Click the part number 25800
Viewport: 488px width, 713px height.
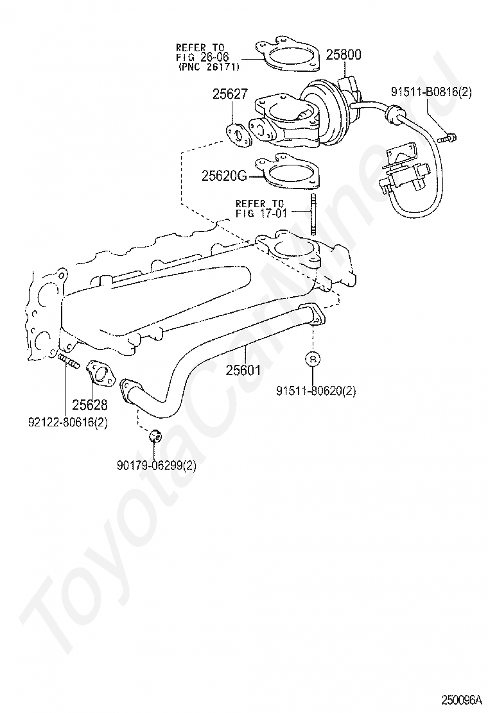click(344, 55)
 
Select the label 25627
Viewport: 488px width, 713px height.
click(230, 94)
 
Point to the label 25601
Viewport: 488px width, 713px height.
click(243, 370)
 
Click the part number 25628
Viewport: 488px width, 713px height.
click(90, 404)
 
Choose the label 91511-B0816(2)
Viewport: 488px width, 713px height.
click(431, 92)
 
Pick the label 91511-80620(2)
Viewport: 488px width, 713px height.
click(316, 390)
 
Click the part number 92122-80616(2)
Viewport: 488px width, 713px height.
click(68, 423)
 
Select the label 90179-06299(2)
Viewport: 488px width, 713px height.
click(157, 466)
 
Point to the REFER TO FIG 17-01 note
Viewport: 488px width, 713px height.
click(261, 208)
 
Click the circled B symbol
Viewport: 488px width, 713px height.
click(313, 359)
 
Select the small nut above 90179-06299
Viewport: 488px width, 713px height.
click(155, 435)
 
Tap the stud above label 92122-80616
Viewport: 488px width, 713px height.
click(69, 361)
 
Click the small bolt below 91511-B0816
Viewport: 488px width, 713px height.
click(448, 137)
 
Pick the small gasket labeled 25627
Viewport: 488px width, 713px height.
click(238, 135)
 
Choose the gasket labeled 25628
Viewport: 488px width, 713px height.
click(101, 373)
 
